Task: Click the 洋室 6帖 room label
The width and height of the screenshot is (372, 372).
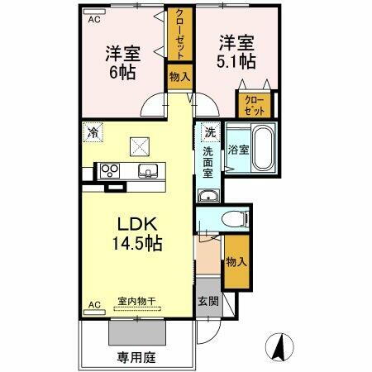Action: pyautogui.click(x=122, y=62)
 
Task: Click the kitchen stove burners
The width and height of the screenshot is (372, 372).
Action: pyautogui.click(x=110, y=171)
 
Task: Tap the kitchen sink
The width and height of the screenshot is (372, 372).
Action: pyautogui.click(x=148, y=171)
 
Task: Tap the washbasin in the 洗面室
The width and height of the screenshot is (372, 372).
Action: pyautogui.click(x=207, y=196)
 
